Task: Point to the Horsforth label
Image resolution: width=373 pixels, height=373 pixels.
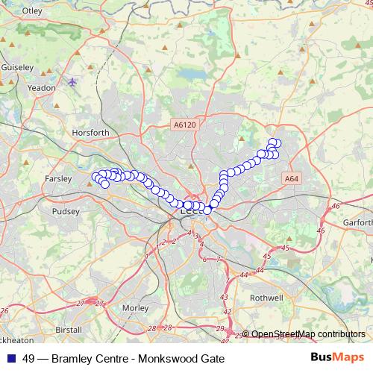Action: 91,133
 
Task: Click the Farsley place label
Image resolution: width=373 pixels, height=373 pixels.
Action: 57,179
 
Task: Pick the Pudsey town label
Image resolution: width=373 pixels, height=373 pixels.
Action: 65,211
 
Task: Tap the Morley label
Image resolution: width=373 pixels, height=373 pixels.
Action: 135,307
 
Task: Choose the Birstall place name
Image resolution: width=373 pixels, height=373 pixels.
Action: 68,329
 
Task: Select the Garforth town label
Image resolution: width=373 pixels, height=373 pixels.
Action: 357,222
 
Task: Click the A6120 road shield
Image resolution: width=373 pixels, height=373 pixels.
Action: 183,126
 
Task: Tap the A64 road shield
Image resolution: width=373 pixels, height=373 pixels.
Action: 292,179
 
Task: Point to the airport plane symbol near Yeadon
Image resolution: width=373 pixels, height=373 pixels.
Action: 72,81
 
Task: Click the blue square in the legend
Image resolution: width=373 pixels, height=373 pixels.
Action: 10,358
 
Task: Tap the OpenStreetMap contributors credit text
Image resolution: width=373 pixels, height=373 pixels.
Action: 307,334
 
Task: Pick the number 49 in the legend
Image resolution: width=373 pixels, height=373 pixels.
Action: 28,358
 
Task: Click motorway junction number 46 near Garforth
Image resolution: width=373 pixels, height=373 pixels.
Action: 335,206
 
